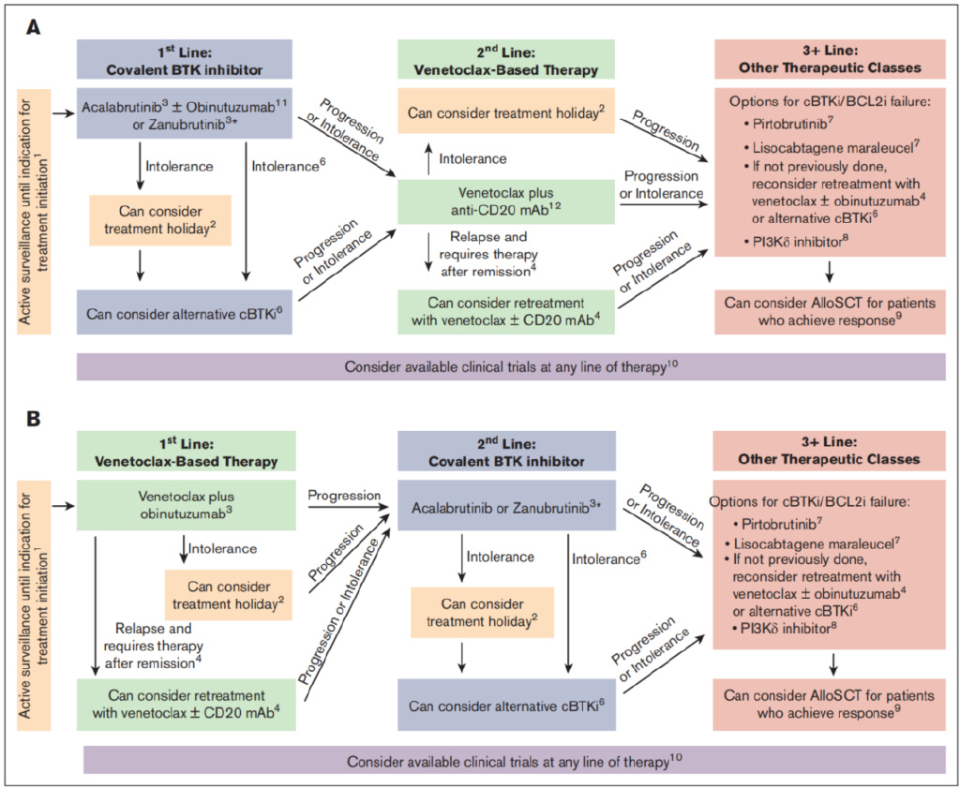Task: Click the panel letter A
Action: (33, 28)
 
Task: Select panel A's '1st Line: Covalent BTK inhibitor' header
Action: (187, 58)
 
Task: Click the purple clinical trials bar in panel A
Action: (511, 366)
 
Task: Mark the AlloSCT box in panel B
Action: (830, 705)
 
